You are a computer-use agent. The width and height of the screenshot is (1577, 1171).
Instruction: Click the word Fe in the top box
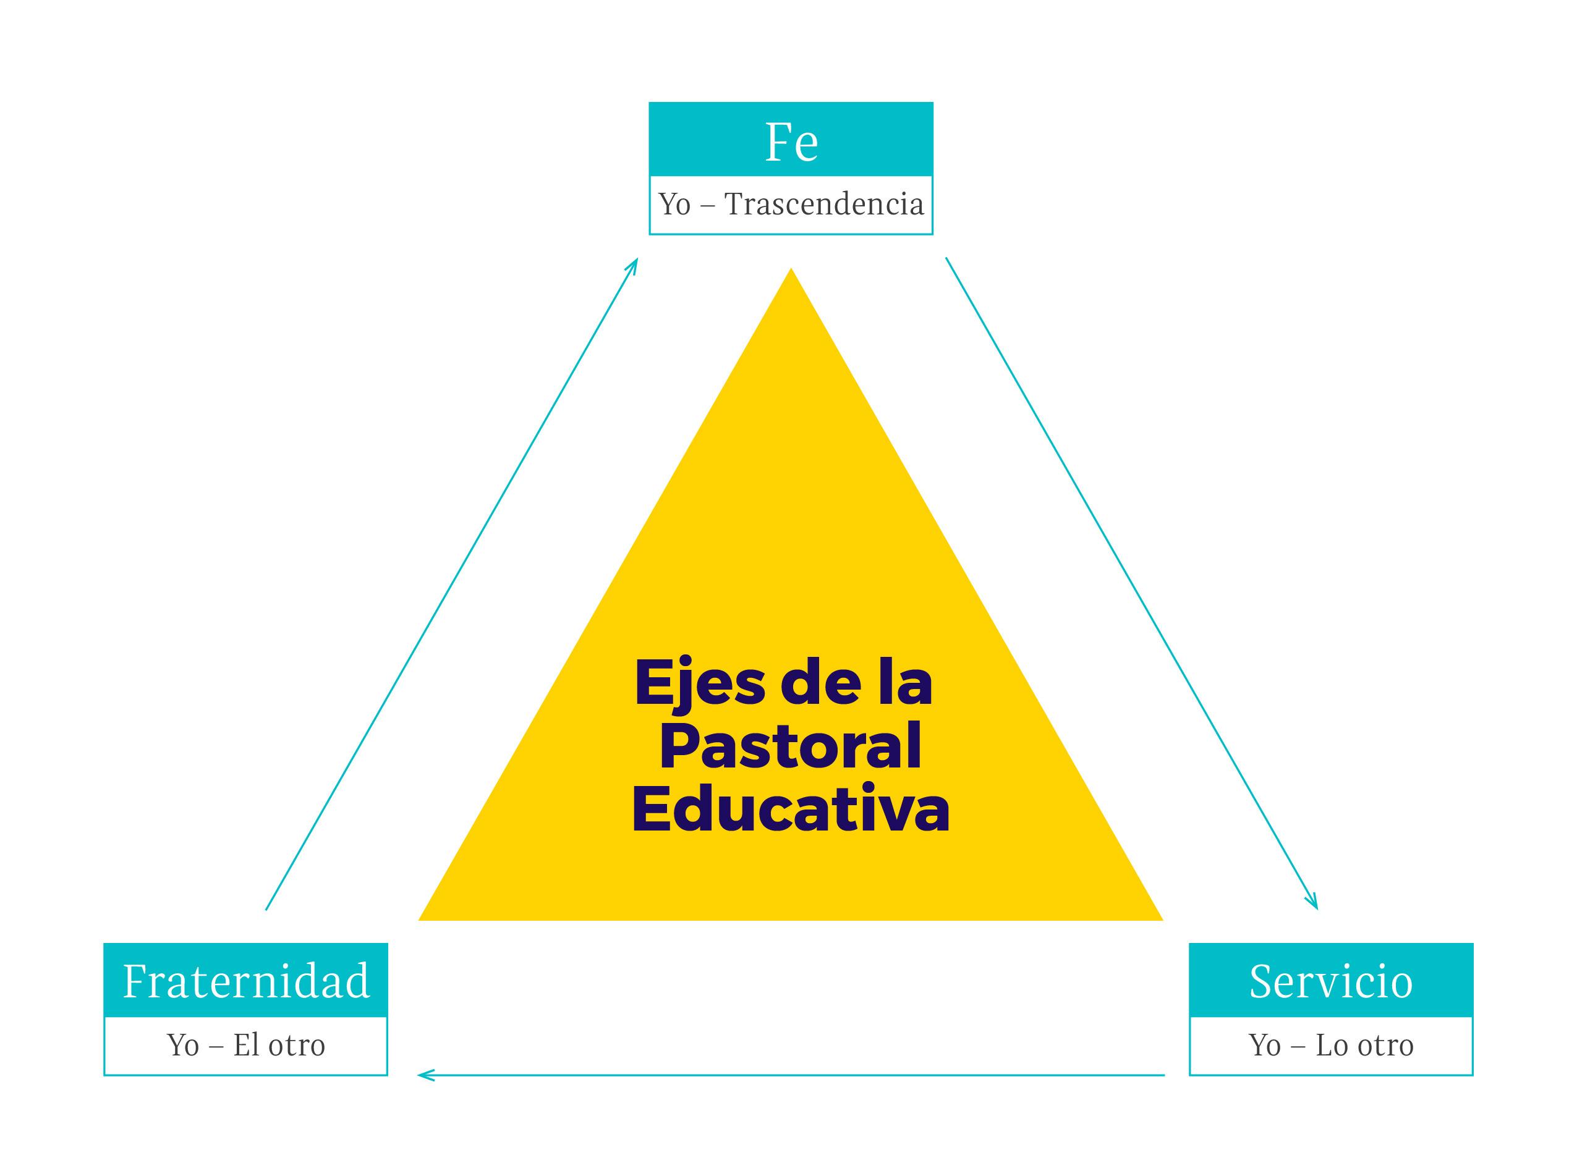coord(791,143)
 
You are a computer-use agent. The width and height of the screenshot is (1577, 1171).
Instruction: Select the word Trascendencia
coord(824,204)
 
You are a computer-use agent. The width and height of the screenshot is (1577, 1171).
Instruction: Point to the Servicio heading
coord(1330,982)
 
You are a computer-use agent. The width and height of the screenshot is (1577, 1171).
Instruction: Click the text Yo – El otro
coord(246,1045)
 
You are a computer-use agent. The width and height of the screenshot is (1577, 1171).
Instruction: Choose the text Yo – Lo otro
coord(1330,1045)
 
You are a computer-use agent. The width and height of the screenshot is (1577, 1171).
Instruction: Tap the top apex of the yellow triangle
coord(791,271)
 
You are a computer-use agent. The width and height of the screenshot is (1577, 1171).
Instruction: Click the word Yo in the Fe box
coord(674,204)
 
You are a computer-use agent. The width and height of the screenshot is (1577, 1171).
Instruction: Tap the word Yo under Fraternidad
coord(183,1045)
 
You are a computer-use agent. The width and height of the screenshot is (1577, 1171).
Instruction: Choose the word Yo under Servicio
coord(1265,1045)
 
